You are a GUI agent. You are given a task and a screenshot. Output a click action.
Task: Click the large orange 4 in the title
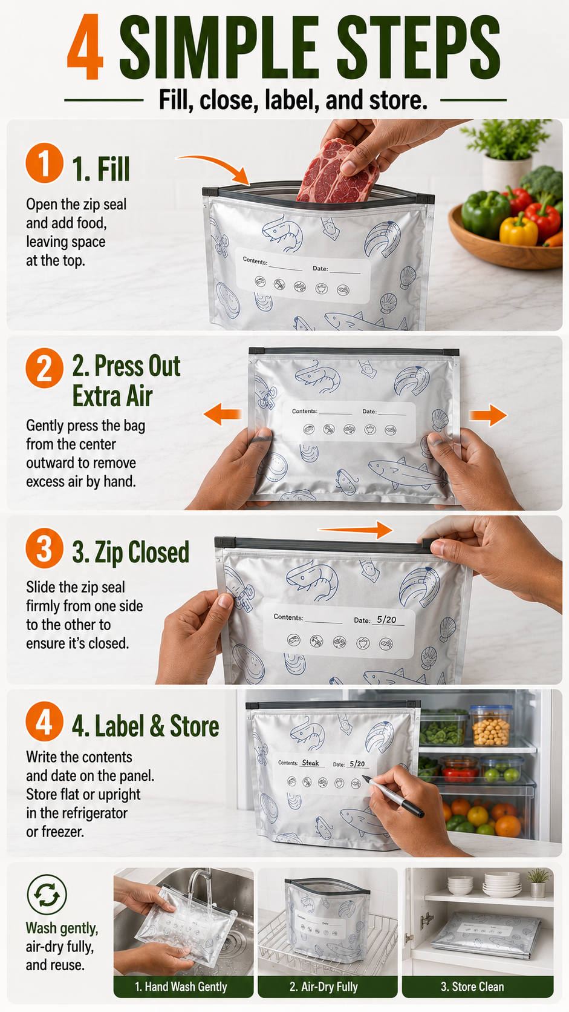85,47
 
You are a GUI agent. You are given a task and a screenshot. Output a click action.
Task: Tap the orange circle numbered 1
44,163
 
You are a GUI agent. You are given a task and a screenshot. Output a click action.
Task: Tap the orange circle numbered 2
44,368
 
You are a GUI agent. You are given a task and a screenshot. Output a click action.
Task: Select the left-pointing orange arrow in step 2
223,414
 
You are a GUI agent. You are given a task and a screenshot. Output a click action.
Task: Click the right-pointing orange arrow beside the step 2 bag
488,415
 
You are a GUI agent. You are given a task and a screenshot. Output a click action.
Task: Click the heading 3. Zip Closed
131,552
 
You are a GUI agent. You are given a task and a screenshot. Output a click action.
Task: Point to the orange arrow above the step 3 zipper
355,529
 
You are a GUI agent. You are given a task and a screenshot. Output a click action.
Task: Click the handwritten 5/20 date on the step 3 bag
386,619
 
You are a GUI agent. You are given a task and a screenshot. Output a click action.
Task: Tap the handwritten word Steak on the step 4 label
310,763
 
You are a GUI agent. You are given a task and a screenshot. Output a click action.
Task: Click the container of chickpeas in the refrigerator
491,726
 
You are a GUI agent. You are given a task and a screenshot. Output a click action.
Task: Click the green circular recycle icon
47,894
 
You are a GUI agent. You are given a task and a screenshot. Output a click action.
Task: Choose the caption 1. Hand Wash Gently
181,987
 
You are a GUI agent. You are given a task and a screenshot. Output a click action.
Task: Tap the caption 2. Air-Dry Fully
324,987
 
